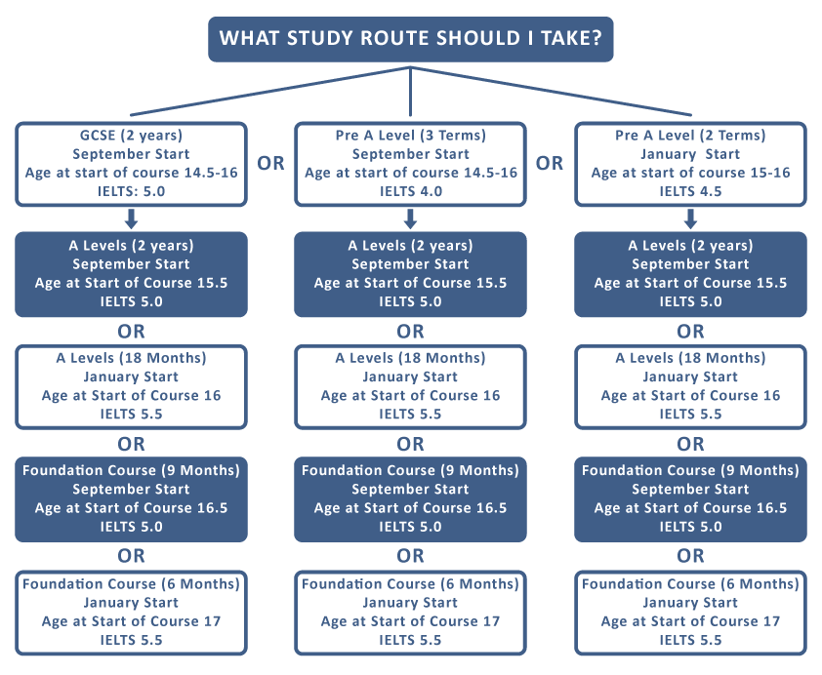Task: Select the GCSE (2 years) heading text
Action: [x=131, y=136]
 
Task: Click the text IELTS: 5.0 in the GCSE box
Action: [x=131, y=191]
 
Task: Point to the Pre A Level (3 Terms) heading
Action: [x=410, y=136]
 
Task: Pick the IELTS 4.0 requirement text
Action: [x=410, y=191]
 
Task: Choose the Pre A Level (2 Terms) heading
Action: [x=690, y=136]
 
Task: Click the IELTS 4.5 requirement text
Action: [x=690, y=191]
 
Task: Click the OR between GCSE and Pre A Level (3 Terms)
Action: [x=270, y=163]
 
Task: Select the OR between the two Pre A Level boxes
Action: [x=550, y=163]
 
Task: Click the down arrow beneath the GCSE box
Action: [x=131, y=218]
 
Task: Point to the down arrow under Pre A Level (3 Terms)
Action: [x=410, y=218]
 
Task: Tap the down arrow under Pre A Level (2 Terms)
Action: [x=690, y=218]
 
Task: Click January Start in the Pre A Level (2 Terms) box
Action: [x=690, y=154]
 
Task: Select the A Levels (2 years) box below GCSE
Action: [x=131, y=274]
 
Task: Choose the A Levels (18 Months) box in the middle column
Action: [x=410, y=386]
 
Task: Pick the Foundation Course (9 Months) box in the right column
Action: [x=690, y=499]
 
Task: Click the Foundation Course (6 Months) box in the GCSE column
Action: [x=131, y=613]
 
